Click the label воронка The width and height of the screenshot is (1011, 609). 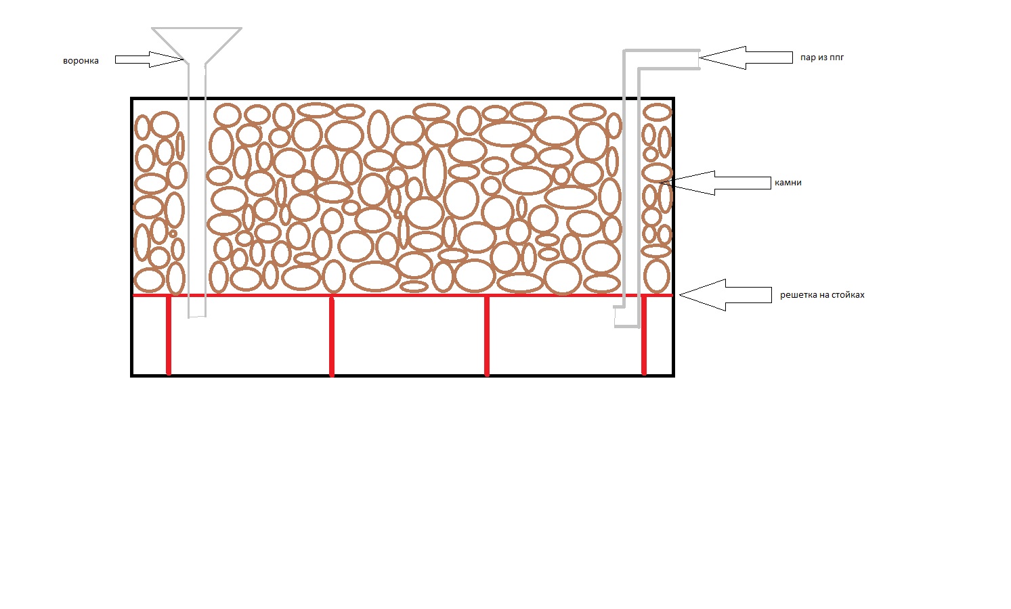(x=81, y=61)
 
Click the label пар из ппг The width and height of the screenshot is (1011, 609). (x=821, y=58)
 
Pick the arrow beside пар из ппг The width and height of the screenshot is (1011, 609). (x=745, y=58)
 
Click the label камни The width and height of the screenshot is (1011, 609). (x=788, y=183)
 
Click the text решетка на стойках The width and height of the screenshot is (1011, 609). (x=822, y=295)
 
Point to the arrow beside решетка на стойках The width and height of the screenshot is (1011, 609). (x=725, y=295)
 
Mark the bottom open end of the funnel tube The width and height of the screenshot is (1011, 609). (x=197, y=316)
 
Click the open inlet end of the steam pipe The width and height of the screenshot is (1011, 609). (x=698, y=59)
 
